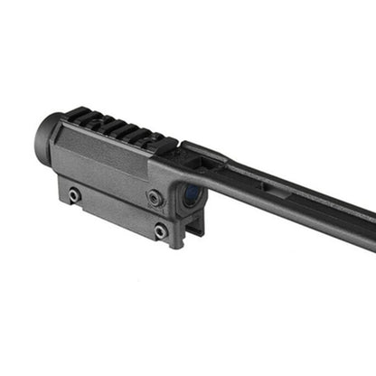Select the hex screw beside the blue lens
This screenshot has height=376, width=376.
coord(156,196)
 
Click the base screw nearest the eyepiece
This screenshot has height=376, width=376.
coord(74,194)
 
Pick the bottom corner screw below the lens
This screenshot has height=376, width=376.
coord(160,231)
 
